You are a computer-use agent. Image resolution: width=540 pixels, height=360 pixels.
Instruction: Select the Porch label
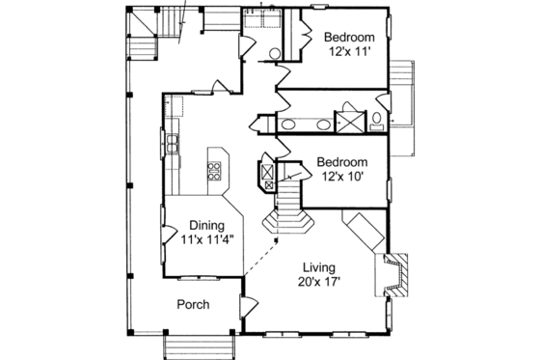click(193, 305)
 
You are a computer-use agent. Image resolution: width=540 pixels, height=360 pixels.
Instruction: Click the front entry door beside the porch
click(249, 312)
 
